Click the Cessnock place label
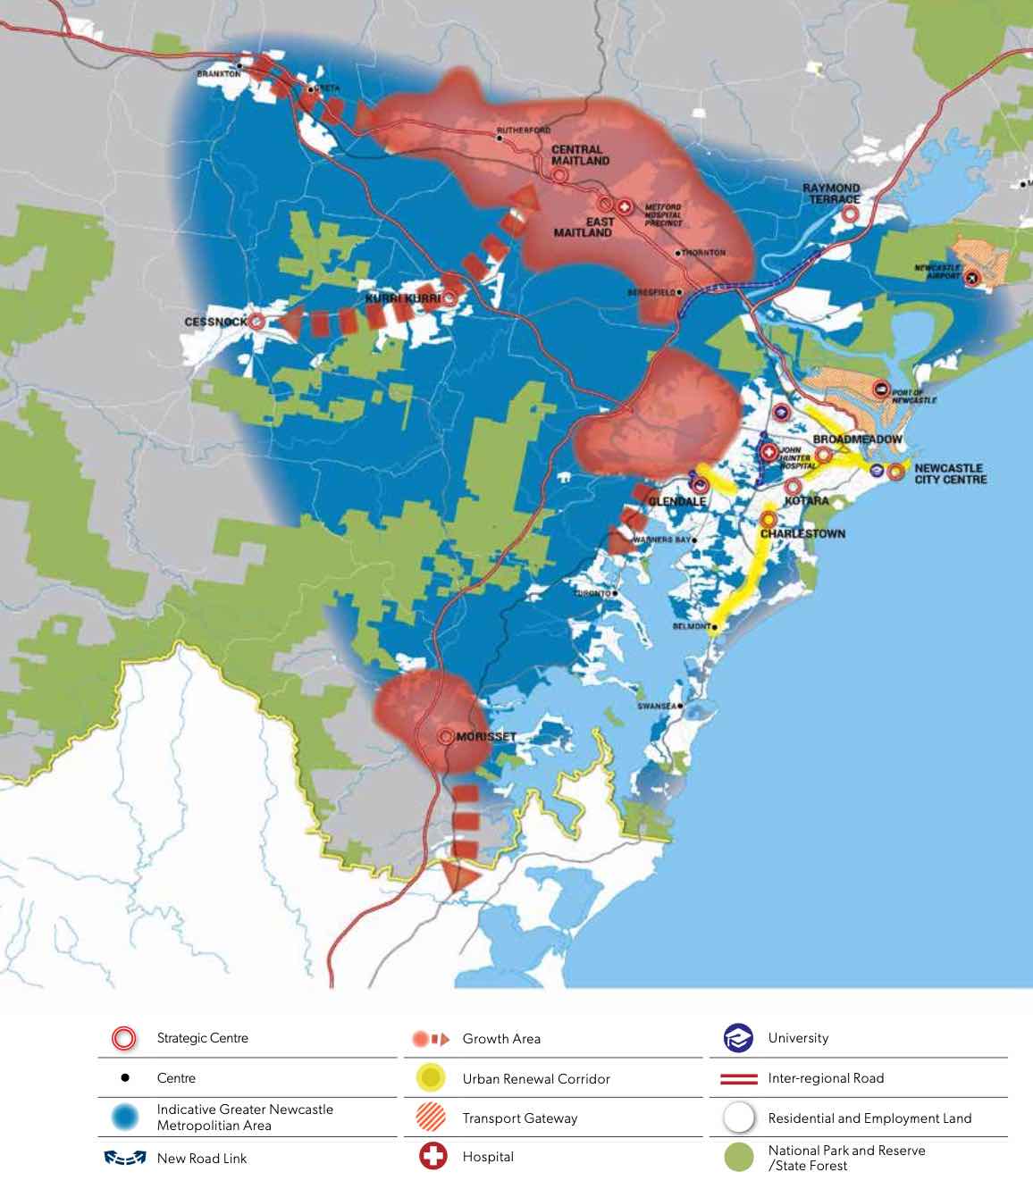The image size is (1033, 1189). [x=215, y=322]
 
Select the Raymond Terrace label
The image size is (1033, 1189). [x=831, y=194]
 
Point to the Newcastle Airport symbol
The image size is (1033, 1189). [x=972, y=278]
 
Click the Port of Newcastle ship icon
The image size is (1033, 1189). [x=881, y=389]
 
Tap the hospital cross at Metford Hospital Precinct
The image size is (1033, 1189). [x=626, y=207]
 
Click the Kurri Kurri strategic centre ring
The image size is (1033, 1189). [x=449, y=298]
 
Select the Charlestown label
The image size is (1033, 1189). [x=802, y=533]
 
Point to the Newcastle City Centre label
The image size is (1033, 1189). [x=950, y=473]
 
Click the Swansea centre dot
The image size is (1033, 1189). [x=681, y=706]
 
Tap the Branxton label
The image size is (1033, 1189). [x=218, y=74]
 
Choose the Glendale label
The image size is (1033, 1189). [x=676, y=502]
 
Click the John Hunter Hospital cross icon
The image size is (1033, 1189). [x=768, y=452]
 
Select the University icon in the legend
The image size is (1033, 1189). [x=738, y=1039]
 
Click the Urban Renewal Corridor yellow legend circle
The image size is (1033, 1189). [x=432, y=1078]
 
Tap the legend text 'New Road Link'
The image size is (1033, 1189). [x=202, y=1159]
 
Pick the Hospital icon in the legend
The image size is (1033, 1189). [x=433, y=1157]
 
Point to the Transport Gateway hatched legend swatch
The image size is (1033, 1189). [x=432, y=1118]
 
